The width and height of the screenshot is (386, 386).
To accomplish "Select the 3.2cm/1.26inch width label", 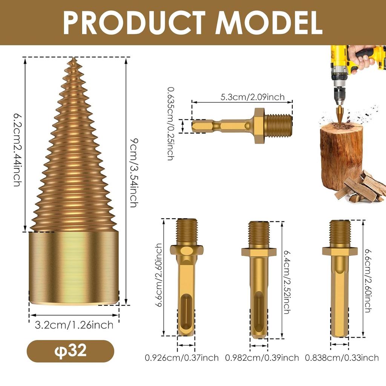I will pos(74,325).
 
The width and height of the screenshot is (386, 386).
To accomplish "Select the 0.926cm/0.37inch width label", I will pos(182,357).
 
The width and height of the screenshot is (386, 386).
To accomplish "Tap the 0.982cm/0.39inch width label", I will pos(262,357).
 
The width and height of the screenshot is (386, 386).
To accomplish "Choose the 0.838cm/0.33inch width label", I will pos(342,357).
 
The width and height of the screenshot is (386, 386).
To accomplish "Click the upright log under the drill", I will pos(341,155).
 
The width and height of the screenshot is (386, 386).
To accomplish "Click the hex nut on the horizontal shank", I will pos(259,125).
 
